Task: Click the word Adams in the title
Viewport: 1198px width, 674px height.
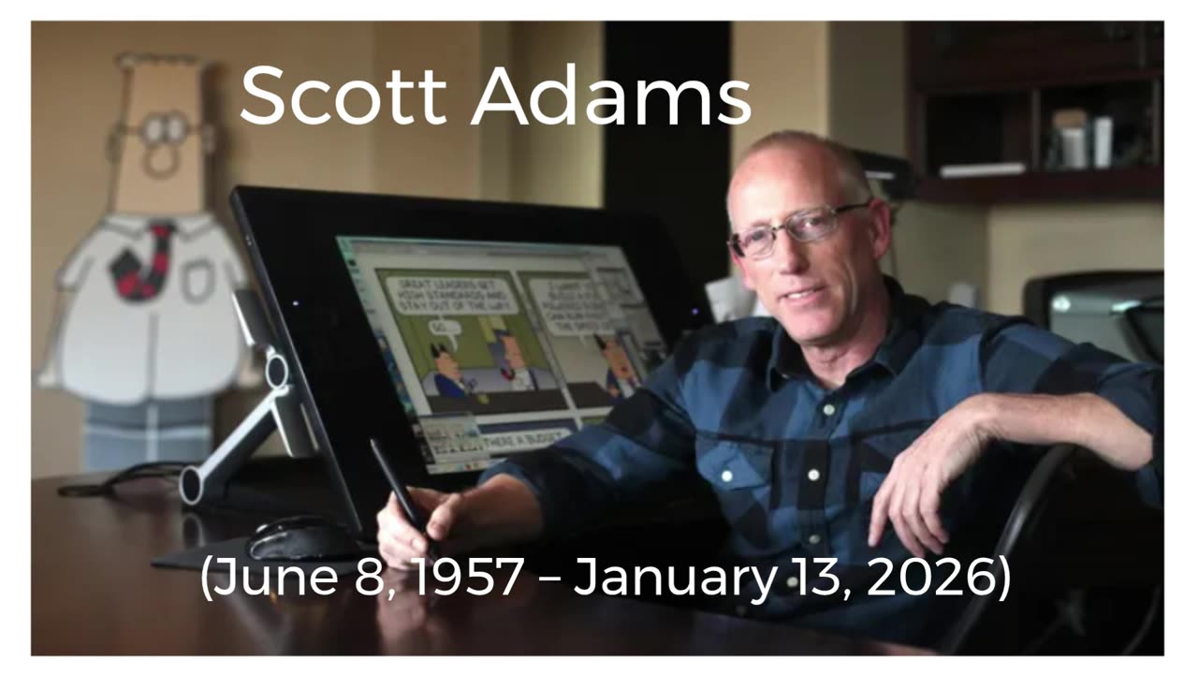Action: click(611, 96)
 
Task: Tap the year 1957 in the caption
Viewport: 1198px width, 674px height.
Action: click(469, 579)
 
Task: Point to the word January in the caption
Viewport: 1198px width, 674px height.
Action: click(674, 579)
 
